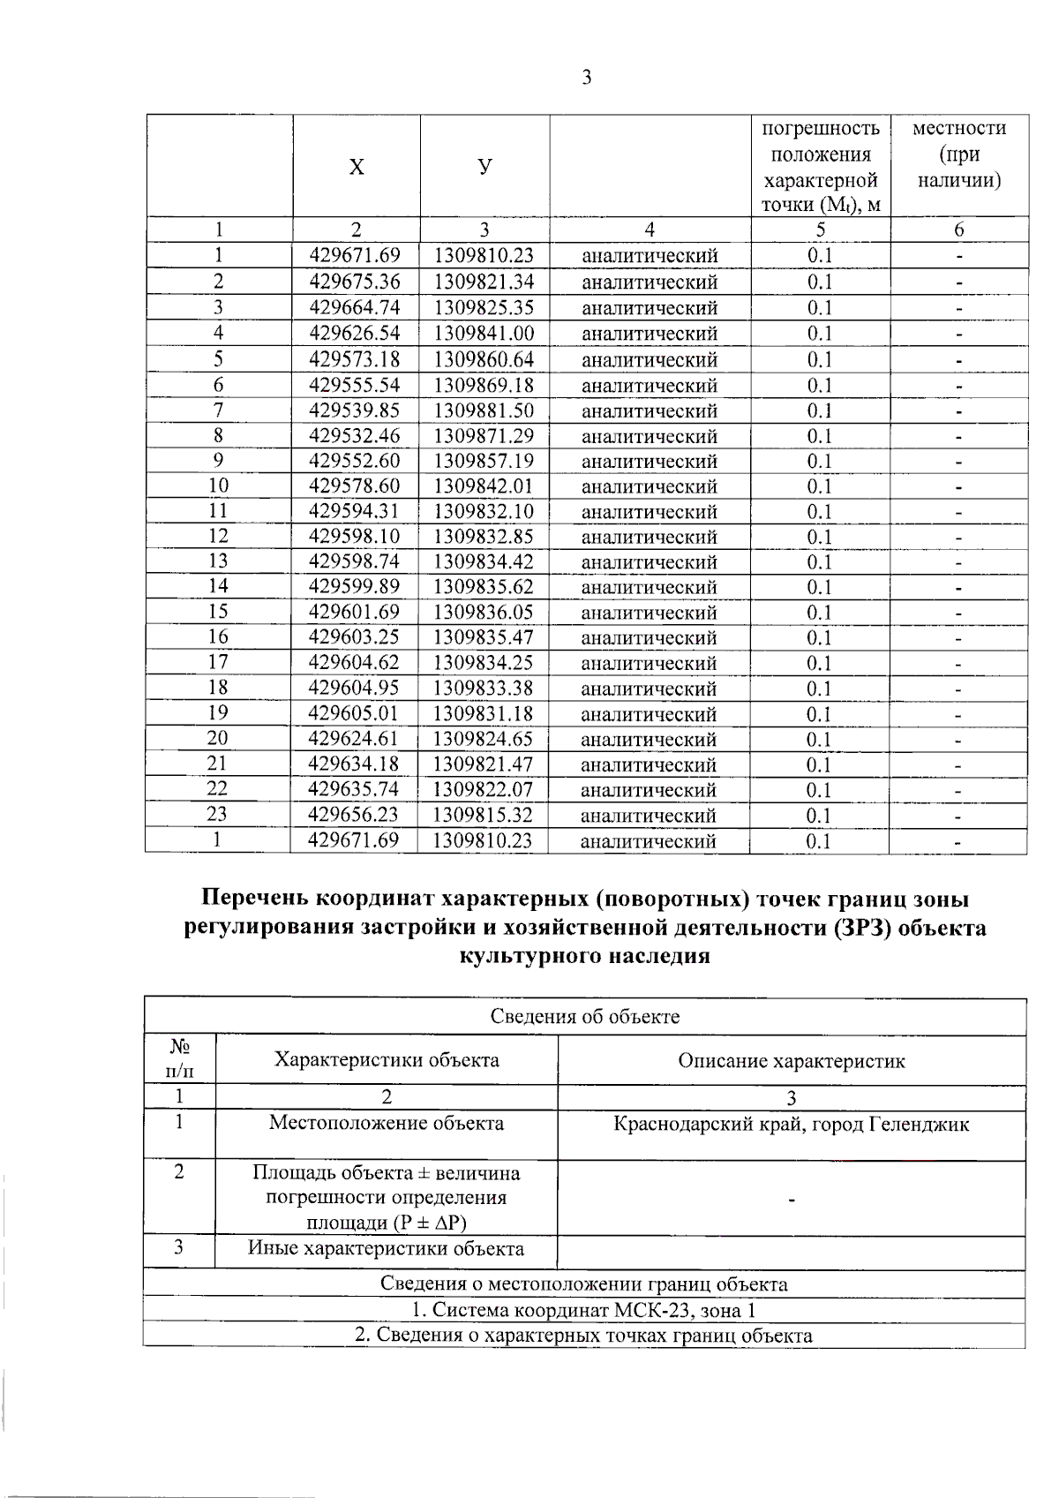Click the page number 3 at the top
(x=587, y=78)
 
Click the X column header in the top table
(x=356, y=167)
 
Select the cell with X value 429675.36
(x=355, y=282)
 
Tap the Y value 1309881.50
(x=484, y=410)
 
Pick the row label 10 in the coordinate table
(x=218, y=486)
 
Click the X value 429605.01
(x=353, y=713)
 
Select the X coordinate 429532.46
(x=354, y=436)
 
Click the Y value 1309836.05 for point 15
(x=484, y=612)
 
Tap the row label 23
(x=217, y=815)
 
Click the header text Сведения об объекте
(x=584, y=1016)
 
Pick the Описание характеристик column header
(x=791, y=1060)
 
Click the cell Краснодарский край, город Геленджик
(x=791, y=1125)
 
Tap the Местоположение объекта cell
(x=387, y=1124)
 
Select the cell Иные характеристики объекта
(x=387, y=1248)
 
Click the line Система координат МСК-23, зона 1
(x=584, y=1310)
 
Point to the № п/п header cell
(x=180, y=1058)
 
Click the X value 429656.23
(x=353, y=815)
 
